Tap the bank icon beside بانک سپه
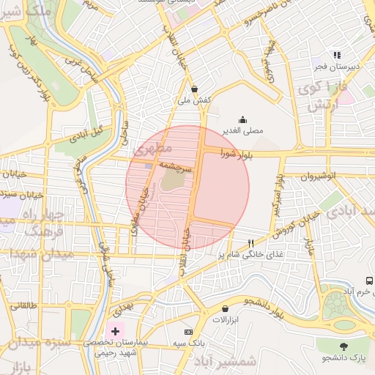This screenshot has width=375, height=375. (x=187, y=332)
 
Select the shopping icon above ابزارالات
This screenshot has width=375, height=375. (x=224, y=308)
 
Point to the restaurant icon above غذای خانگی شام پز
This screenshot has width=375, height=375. (x=251, y=242)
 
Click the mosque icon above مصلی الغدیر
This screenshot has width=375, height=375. (x=243, y=120)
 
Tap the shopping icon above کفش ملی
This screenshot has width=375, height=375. (x=195, y=89)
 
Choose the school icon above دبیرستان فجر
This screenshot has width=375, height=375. (x=336, y=55)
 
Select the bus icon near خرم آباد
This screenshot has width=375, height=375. (x=370, y=281)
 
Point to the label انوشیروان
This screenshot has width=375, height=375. (x=320, y=177)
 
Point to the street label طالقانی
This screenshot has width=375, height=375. (x=22, y=304)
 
